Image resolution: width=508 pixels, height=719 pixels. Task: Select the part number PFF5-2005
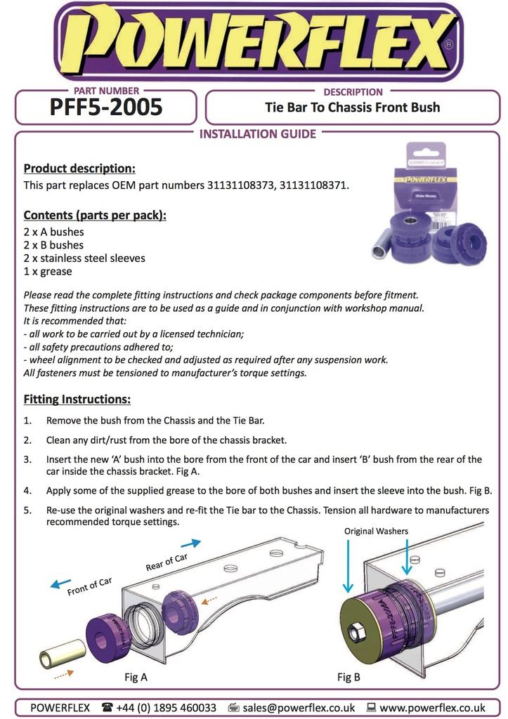(106, 107)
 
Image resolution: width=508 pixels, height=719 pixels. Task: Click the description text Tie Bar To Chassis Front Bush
(352, 107)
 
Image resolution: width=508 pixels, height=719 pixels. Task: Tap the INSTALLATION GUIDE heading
(258, 134)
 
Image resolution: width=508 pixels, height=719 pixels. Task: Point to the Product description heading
(79, 169)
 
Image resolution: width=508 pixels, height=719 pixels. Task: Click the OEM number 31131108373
(240, 186)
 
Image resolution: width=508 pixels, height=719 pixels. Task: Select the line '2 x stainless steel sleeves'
(84, 258)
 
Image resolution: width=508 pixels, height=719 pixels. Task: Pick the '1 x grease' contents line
(48, 272)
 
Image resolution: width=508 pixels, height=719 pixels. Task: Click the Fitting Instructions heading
(77, 400)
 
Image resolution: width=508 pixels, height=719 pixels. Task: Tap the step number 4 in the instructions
(27, 490)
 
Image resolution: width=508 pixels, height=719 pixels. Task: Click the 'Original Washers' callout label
(376, 532)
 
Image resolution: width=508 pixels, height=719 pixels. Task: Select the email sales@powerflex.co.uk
(299, 708)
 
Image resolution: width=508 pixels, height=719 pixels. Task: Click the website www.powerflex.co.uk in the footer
(432, 708)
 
